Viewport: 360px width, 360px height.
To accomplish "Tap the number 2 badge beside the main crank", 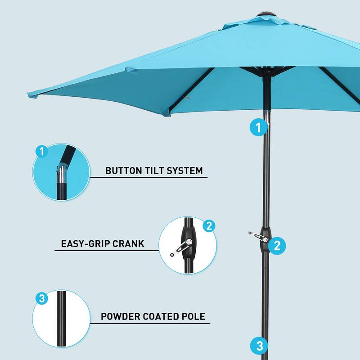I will (277, 245).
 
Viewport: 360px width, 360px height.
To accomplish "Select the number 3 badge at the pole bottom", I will (259, 346).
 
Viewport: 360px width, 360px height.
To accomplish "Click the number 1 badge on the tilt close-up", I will (42, 152).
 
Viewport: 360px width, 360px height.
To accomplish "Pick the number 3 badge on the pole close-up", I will (42, 298).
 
